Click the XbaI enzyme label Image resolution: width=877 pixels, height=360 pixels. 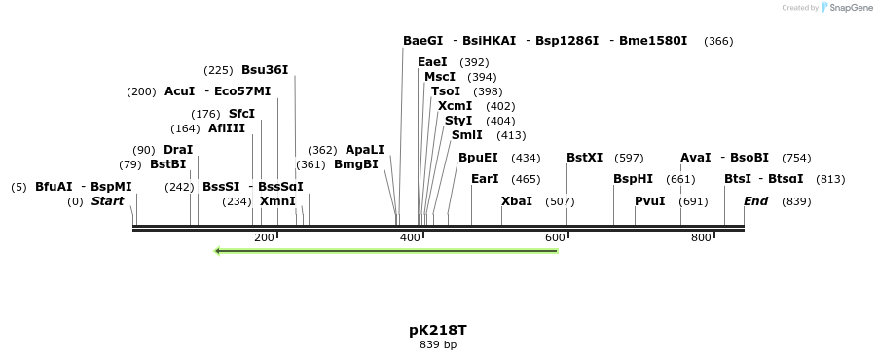517,201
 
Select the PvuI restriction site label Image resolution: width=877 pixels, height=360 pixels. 649,201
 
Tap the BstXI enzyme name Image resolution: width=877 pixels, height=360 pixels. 584,158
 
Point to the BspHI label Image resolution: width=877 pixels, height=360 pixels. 633,179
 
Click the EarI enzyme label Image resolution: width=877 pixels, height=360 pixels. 485,179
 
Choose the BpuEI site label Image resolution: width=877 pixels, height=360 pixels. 478,158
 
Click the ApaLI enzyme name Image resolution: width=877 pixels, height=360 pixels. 365,150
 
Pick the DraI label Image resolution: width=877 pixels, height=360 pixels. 178,150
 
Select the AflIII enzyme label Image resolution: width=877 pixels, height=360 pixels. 227,128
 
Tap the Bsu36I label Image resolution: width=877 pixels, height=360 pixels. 265,70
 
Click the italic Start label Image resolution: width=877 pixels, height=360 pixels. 108,201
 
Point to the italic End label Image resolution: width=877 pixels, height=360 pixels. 756,201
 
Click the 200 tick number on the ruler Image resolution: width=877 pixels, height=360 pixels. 264,238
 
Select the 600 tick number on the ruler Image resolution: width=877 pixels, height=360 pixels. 556,238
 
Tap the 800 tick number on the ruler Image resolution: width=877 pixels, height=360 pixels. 701,238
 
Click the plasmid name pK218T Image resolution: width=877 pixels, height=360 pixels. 438,330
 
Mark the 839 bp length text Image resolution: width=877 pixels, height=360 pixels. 438,344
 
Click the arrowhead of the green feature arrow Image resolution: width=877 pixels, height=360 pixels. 218,251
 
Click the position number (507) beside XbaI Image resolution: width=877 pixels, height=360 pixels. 560,201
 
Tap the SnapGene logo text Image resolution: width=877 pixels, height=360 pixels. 848,8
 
